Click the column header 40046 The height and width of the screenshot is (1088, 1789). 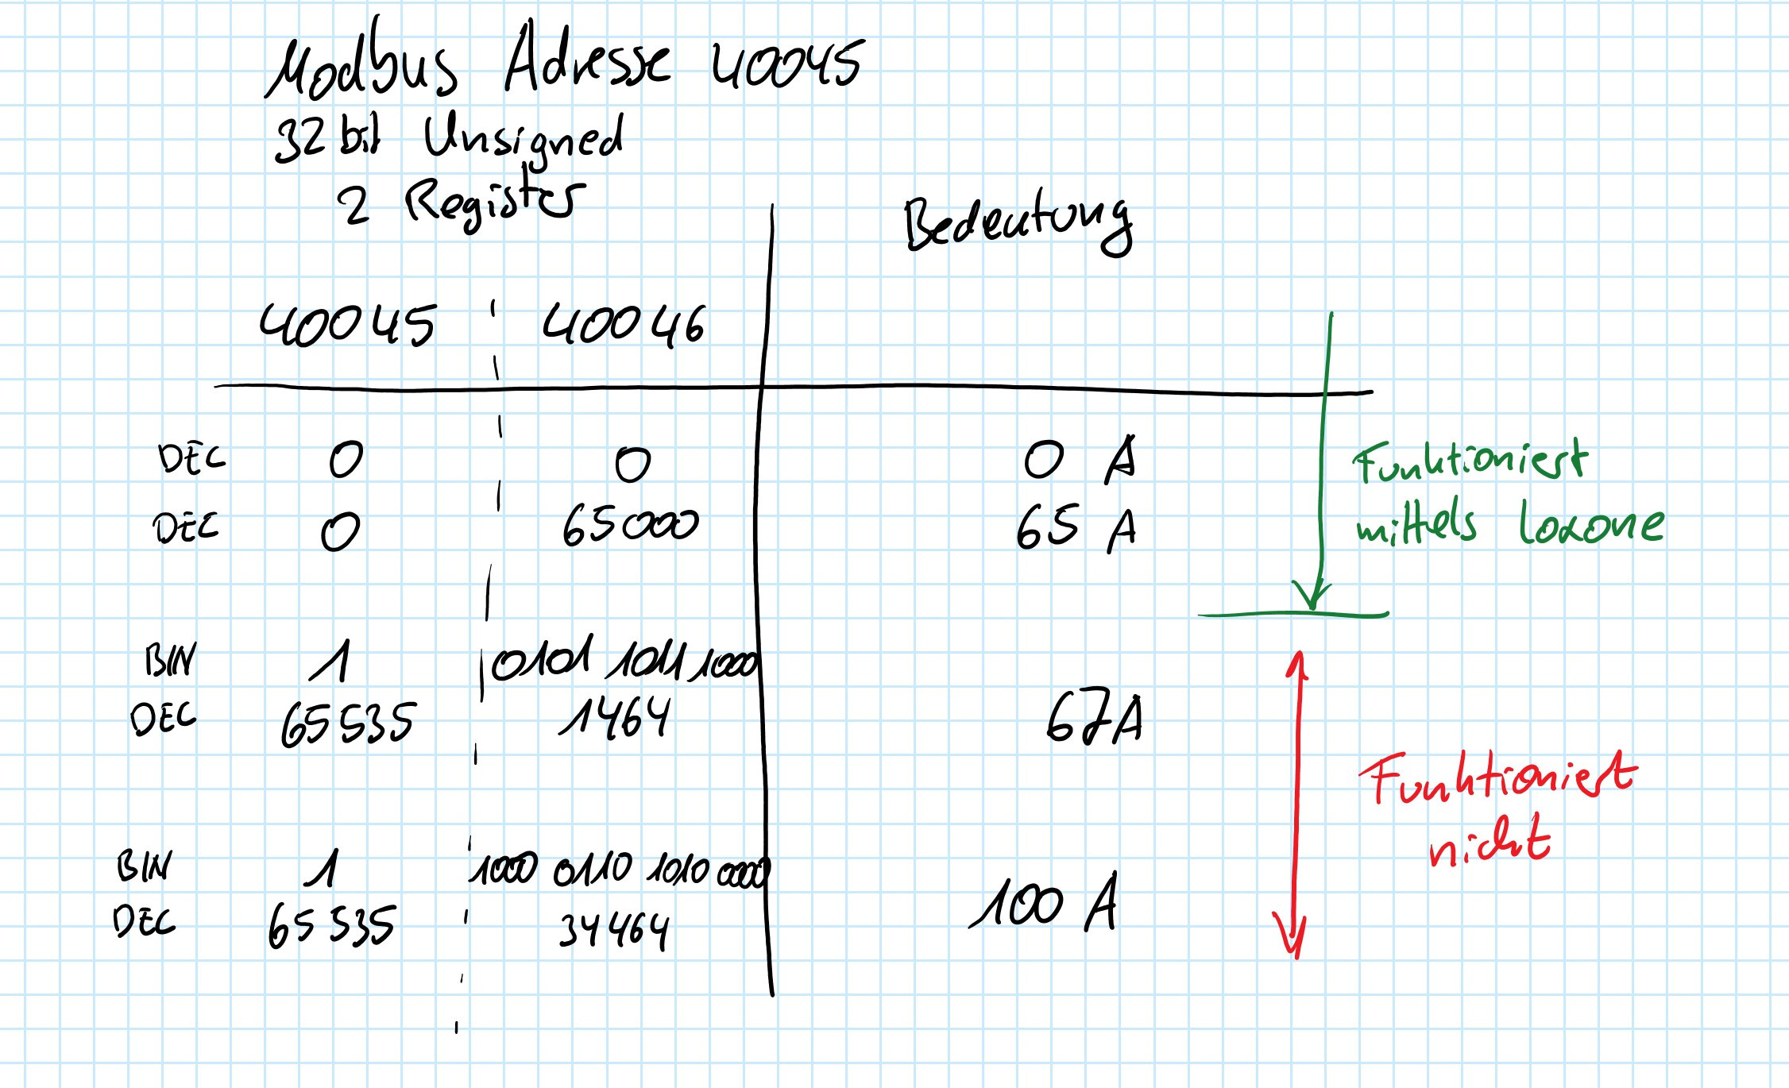[x=624, y=326]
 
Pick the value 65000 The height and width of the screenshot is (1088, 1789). [x=630, y=525]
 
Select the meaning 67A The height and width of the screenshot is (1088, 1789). [x=1094, y=719]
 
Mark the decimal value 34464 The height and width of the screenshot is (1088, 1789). [x=614, y=931]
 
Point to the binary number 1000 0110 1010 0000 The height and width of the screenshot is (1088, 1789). [x=620, y=870]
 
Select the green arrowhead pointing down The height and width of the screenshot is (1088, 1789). [x=1312, y=595]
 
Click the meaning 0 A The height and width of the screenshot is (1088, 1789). [x=1080, y=459]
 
